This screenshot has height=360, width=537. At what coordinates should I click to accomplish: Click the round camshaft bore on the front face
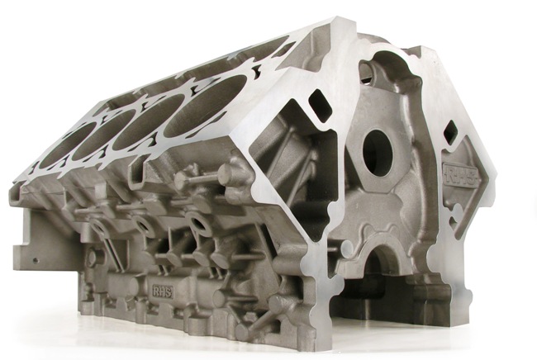coord(377,152)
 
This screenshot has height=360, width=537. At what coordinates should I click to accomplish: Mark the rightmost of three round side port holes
coord(197,221)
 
